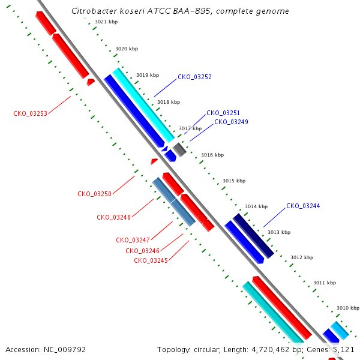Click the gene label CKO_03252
(194, 77)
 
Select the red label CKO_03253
(31, 113)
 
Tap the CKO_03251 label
(223, 113)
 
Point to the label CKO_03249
(231, 122)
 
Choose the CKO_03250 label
(94, 194)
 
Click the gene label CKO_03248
(113, 217)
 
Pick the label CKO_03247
(133, 240)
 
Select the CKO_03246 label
(142, 251)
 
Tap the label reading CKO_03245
(151, 260)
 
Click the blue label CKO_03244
(303, 206)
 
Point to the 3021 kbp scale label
(106, 22)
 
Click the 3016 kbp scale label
(212, 155)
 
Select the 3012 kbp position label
(302, 257)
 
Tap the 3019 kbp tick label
(148, 76)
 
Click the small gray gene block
(179, 149)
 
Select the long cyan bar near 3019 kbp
(143, 106)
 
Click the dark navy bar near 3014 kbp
(253, 236)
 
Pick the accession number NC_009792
(65, 350)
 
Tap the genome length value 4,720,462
(271, 350)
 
